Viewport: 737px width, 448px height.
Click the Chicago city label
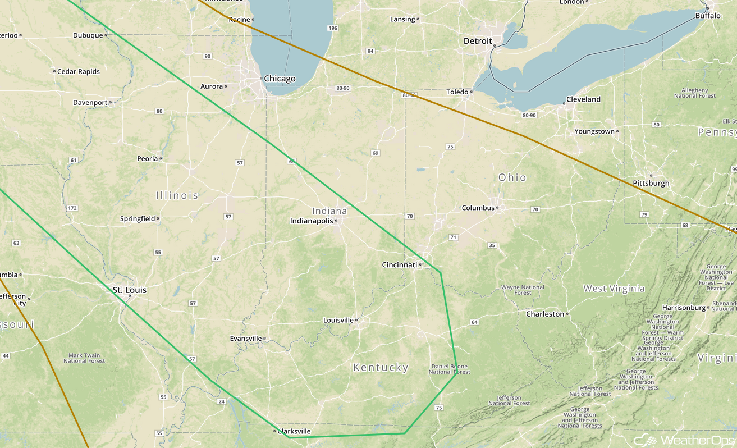pos(280,79)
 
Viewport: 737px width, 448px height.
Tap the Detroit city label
pos(478,41)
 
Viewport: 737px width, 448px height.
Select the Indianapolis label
pos(312,221)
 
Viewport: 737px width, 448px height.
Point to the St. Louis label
pos(130,290)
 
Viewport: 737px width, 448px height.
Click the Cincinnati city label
pos(399,265)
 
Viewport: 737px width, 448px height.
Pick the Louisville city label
pos(338,321)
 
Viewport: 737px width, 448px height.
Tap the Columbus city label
pos(478,208)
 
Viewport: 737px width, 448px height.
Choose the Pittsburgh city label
pos(651,183)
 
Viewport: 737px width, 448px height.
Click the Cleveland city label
pos(583,99)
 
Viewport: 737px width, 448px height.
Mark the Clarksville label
pos(294,431)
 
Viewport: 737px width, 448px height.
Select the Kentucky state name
pos(381,368)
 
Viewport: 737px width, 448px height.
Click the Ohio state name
pos(512,177)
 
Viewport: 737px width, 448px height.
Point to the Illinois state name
pos(177,195)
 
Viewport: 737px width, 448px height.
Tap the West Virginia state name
pos(614,289)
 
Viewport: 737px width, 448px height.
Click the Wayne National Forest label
pos(523,290)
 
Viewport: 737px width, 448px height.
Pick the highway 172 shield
pos(72,208)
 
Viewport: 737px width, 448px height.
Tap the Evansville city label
pos(246,339)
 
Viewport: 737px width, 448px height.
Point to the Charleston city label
pos(545,314)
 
